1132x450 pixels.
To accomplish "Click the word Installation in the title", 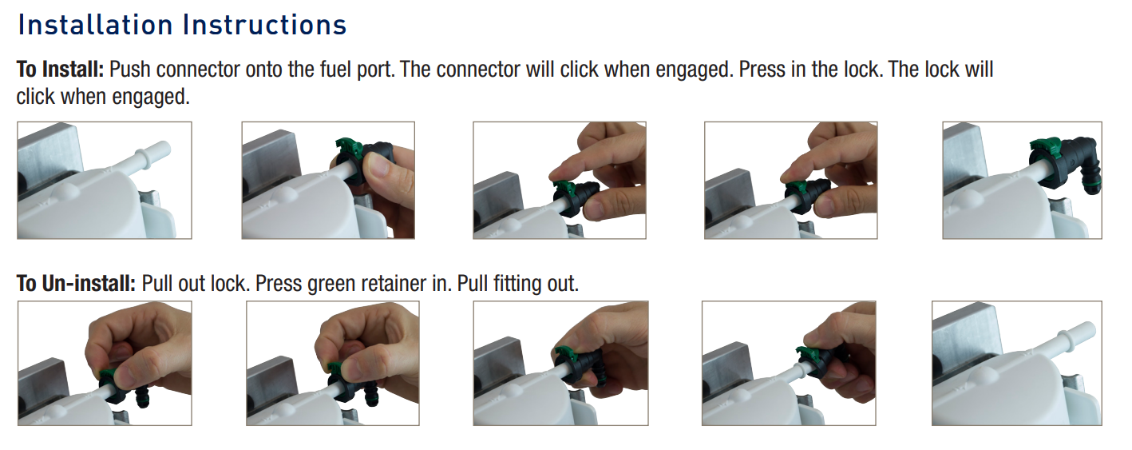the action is [x=95, y=26].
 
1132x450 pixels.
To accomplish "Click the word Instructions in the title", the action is [x=264, y=26].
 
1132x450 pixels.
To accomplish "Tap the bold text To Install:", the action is [x=60, y=70].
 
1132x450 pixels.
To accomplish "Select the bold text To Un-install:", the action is [x=77, y=284].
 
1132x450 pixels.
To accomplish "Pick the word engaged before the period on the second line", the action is [x=151, y=97].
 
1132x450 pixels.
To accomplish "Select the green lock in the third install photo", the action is [x=565, y=189].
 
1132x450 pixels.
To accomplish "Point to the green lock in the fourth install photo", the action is [x=795, y=189].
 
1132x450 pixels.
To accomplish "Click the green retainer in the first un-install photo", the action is [x=108, y=377].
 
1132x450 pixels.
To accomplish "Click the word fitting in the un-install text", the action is [x=515, y=284].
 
